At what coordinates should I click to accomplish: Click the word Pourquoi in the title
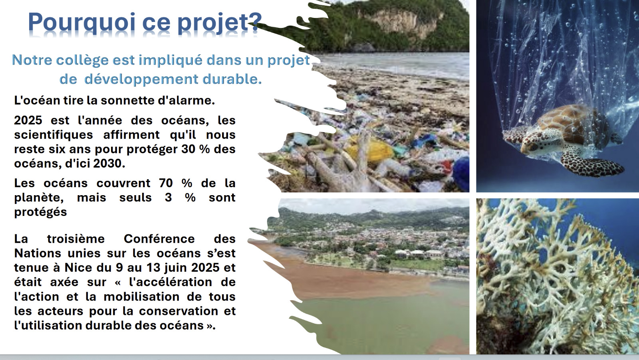tap(81, 23)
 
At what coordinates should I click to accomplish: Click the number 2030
tap(109, 163)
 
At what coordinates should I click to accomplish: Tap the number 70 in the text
tap(166, 183)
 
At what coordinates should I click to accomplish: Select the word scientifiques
tap(54, 135)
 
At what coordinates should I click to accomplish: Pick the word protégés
tap(40, 212)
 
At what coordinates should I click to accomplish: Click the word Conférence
tap(159, 239)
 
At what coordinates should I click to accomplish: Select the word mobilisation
tap(141, 297)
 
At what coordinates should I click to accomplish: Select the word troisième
tap(76, 239)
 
